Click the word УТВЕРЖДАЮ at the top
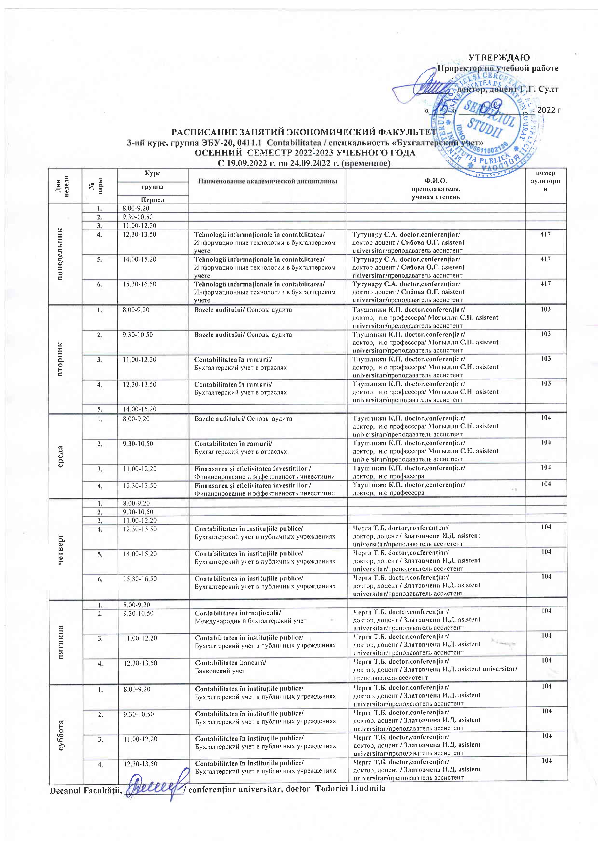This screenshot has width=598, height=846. (x=499, y=57)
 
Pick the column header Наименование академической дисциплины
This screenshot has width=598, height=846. (x=267, y=181)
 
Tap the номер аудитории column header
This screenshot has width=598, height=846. (x=546, y=181)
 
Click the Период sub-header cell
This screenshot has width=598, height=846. (x=153, y=200)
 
